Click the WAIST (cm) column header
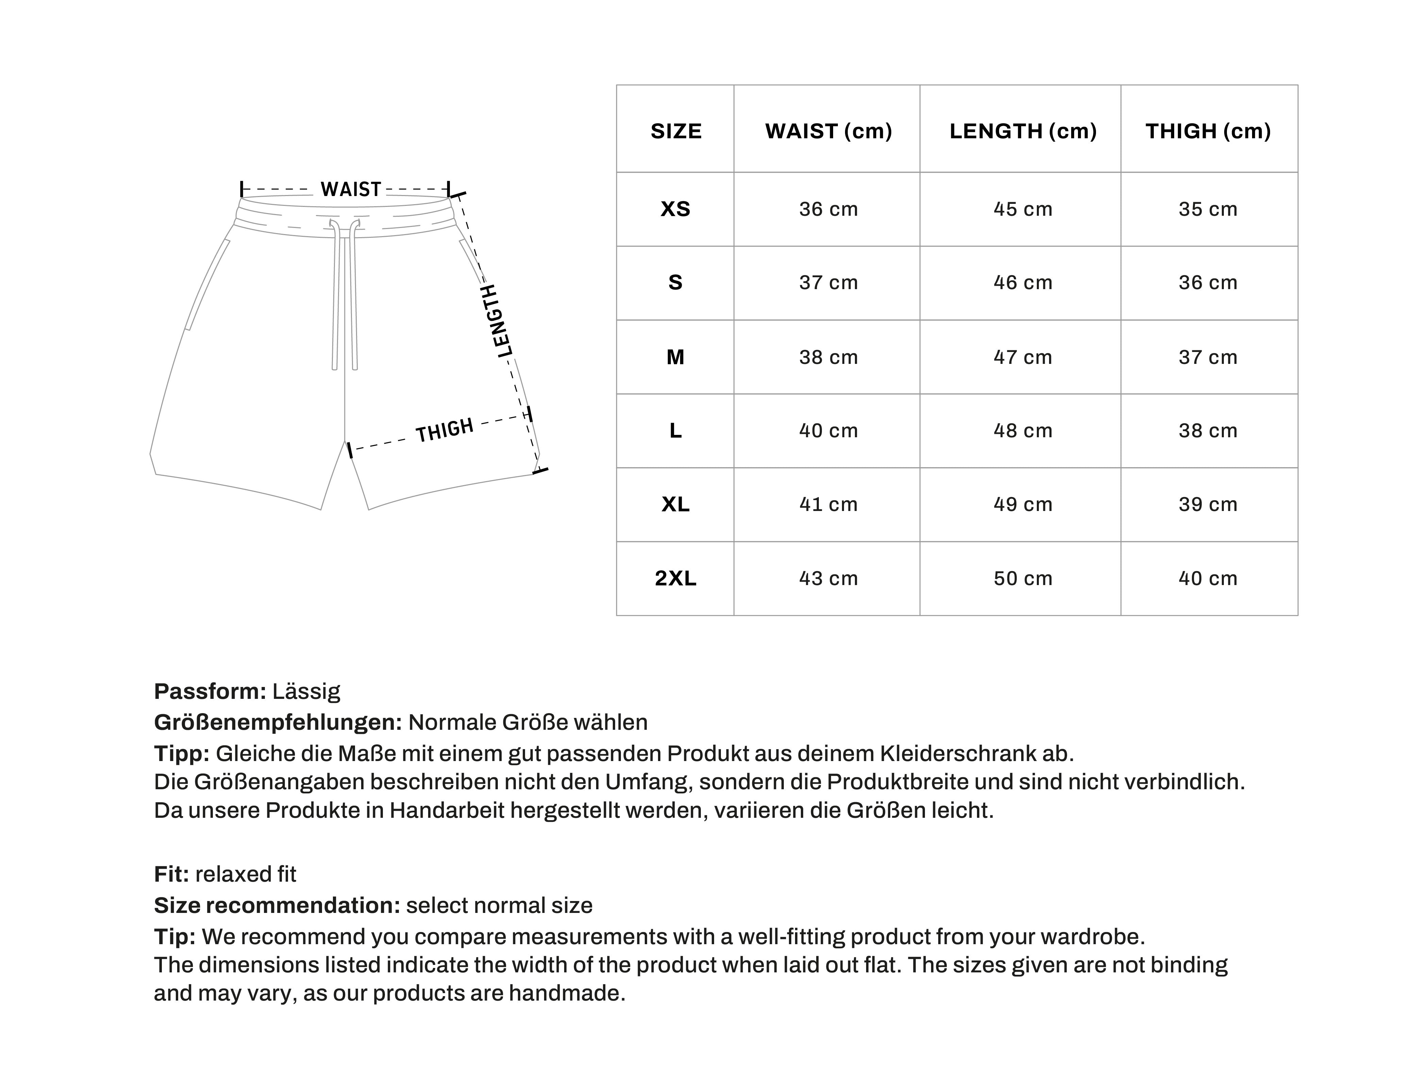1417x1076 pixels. (x=828, y=131)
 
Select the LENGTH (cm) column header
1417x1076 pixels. (x=1023, y=131)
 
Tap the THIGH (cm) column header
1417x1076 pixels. (x=1208, y=131)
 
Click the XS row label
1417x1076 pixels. (x=675, y=209)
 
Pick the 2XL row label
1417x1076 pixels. (x=675, y=578)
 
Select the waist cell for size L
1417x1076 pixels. (x=828, y=430)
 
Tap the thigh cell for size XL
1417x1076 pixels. (x=1208, y=504)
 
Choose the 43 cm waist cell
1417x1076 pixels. (x=828, y=578)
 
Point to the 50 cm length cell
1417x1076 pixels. (x=1023, y=578)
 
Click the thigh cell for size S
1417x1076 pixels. (x=1208, y=282)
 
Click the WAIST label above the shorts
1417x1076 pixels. (x=351, y=190)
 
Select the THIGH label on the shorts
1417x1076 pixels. (x=445, y=430)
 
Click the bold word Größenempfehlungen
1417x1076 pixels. (x=277, y=722)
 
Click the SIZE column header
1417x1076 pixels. (x=675, y=131)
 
